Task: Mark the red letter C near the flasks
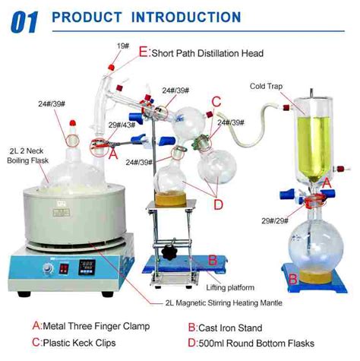click(216, 101)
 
